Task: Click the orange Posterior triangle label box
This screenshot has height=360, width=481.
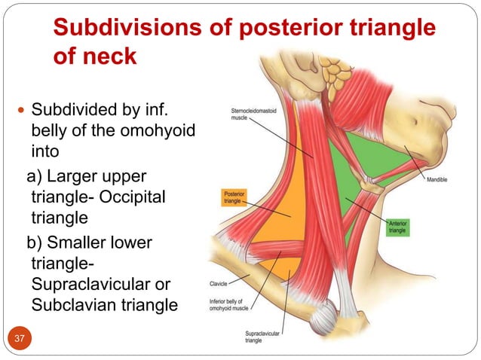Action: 233,197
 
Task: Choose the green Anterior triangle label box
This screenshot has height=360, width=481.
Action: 397,227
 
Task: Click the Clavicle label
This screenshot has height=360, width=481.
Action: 219,285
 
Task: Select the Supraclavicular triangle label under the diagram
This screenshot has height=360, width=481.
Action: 264,337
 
